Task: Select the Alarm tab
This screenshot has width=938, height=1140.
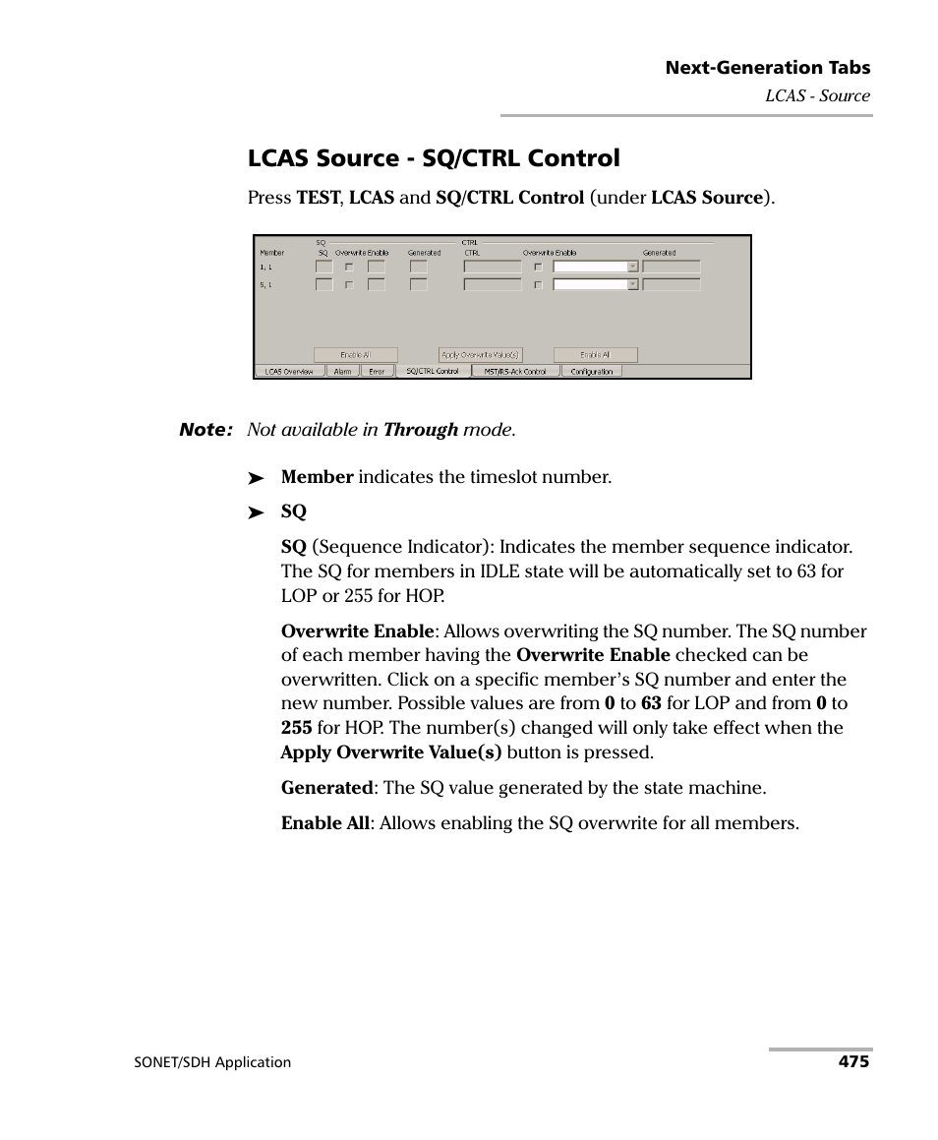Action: click(x=342, y=372)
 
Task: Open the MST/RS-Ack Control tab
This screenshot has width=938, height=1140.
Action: click(x=514, y=372)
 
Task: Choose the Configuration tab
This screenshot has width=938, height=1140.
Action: click(x=591, y=372)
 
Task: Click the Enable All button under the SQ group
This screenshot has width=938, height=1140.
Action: click(x=355, y=355)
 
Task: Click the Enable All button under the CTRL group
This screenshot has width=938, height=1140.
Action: click(x=595, y=355)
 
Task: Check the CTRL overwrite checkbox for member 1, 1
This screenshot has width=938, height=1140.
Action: click(x=537, y=267)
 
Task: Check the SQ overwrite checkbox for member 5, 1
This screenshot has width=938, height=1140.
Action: click(x=347, y=285)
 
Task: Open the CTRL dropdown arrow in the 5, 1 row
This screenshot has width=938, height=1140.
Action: click(x=633, y=285)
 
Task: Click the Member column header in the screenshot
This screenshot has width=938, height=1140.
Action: click(x=271, y=253)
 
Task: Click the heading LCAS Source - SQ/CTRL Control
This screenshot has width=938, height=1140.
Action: click(x=434, y=158)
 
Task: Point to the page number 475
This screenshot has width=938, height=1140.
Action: click(x=853, y=1061)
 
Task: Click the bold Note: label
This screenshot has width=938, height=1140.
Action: click(x=205, y=430)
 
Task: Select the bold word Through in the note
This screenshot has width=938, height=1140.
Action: click(x=421, y=430)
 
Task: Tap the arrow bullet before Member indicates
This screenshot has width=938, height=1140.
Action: click(x=256, y=478)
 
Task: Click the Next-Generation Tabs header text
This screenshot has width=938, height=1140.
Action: click(x=767, y=68)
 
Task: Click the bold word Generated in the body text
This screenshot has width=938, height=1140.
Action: click(x=325, y=788)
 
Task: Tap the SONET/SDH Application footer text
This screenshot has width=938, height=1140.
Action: click(x=212, y=1062)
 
